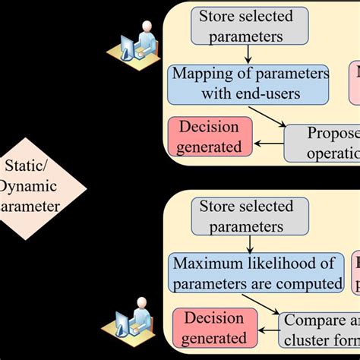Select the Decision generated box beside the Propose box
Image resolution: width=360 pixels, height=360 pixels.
(x=208, y=137)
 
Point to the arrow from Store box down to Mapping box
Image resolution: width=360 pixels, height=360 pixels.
(x=249, y=55)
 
